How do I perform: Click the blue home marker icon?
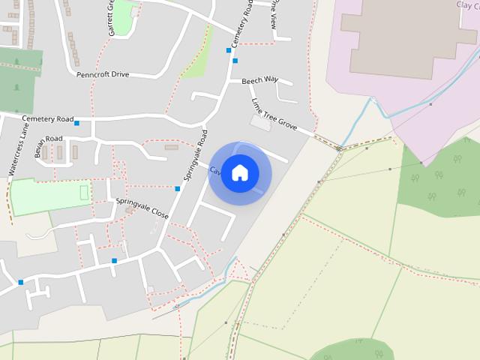pyautogui.click(x=240, y=172)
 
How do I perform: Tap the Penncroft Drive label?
pyautogui.click(x=103, y=75)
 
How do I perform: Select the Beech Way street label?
pyautogui.click(x=259, y=79)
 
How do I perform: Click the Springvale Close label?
pyautogui.click(x=142, y=208)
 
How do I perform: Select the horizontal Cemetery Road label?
pyautogui.click(x=48, y=119)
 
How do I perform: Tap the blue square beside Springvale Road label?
pyautogui.click(x=178, y=189)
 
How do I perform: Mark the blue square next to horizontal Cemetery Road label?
pyautogui.click(x=76, y=123)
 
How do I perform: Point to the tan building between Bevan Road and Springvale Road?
pyautogui.click(x=172, y=147)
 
